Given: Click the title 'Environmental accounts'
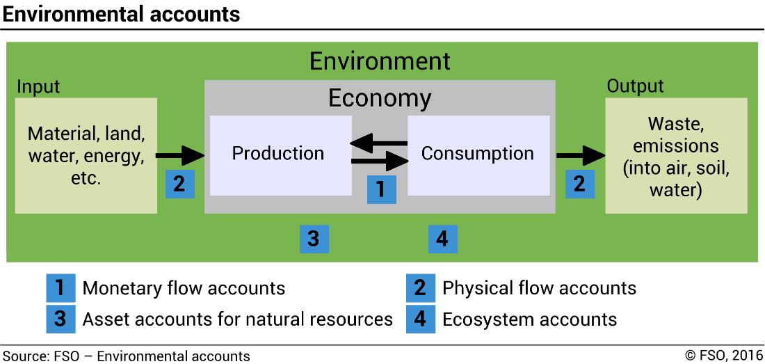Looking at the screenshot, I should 122,14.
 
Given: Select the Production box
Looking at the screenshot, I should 278,154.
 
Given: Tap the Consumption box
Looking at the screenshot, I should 478,154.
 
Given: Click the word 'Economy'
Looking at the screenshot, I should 380,98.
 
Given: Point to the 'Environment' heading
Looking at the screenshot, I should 380,61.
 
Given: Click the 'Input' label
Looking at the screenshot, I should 38,87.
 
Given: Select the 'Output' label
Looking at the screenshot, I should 635,86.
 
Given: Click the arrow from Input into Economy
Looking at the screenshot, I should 179,155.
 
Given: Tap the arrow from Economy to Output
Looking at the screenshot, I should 580,155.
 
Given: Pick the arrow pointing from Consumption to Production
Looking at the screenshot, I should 379,144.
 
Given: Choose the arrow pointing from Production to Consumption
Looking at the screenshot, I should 379,163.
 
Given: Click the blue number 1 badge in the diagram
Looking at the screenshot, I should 381,189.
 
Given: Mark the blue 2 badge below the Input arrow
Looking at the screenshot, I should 179,184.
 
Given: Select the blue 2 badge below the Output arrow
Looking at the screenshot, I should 579,184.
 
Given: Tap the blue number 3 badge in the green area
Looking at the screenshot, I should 314,239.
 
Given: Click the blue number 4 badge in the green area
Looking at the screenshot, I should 442,239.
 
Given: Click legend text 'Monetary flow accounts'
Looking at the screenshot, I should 184,288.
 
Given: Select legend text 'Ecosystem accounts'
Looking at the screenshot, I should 529,319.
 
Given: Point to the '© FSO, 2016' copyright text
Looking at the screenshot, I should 723,356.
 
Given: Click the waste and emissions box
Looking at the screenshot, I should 676,156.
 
